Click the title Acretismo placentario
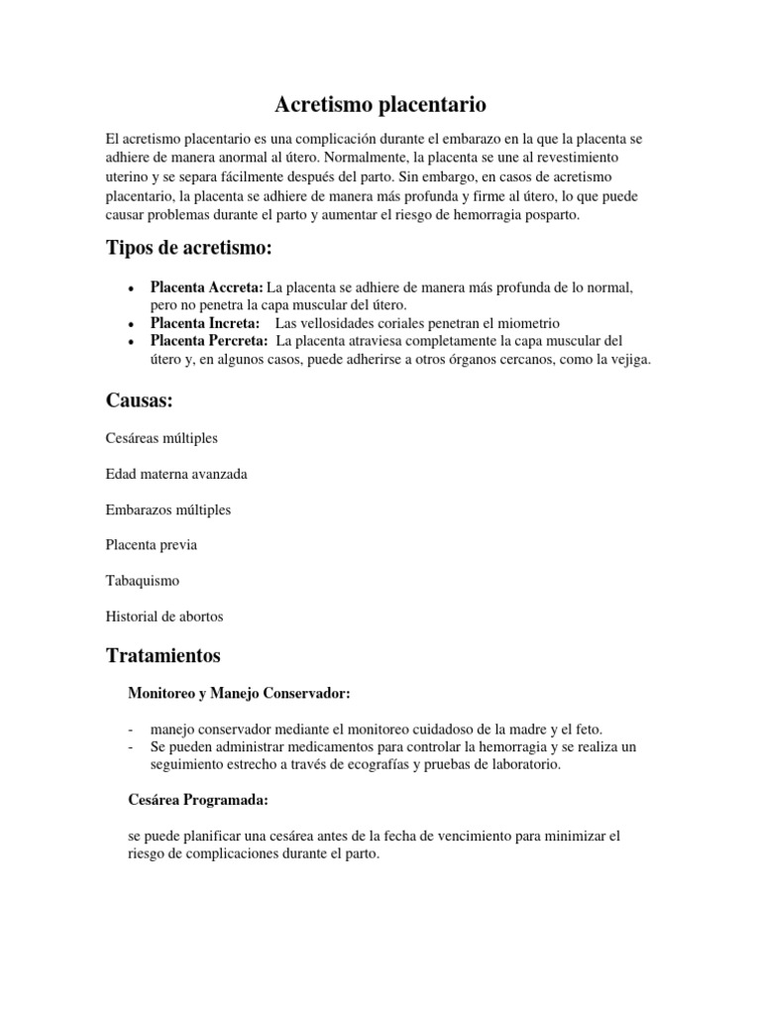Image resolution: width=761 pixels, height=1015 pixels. pos(380,104)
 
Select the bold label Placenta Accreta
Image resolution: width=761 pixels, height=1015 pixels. pos(206,286)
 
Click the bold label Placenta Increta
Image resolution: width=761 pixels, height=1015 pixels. pos(205,323)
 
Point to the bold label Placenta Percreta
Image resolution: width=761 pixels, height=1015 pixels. pos(209,341)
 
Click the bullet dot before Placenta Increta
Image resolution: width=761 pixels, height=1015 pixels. pos(132,324)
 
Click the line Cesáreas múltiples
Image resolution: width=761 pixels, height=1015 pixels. pos(162,437)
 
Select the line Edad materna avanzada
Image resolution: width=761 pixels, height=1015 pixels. pos(176,474)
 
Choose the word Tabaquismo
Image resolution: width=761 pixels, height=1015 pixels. pos(142,581)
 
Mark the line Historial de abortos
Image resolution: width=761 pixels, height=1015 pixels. pos(164,617)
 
